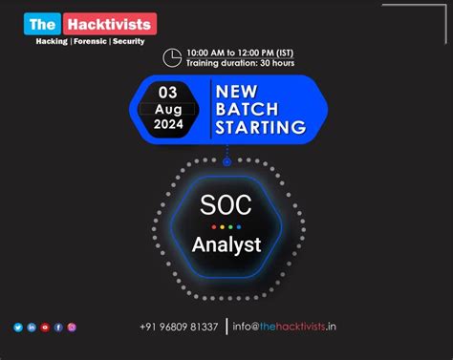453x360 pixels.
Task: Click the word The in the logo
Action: [42, 24]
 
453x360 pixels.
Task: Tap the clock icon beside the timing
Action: [173, 56]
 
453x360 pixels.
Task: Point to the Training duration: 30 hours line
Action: [240, 63]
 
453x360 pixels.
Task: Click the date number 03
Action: [167, 93]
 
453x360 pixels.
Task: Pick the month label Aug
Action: [167, 110]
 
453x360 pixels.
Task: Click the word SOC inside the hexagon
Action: [226, 203]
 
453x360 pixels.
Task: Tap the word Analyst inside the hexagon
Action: [226, 244]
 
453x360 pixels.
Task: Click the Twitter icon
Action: [18, 328]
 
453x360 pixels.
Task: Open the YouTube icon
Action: [45, 328]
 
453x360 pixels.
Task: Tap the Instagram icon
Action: [72, 328]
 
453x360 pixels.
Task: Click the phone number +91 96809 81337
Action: [179, 328]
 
